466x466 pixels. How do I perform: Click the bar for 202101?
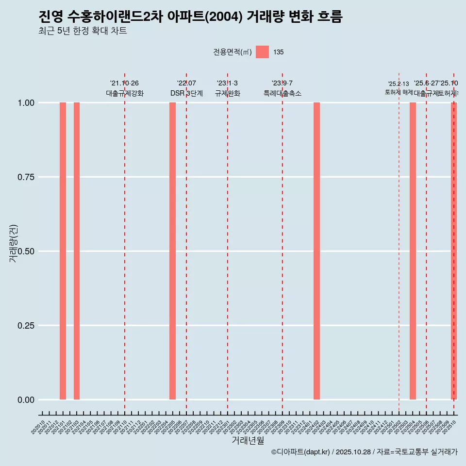(x=63, y=251)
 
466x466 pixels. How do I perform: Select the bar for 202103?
(x=77, y=251)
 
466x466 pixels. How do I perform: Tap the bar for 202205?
(x=172, y=251)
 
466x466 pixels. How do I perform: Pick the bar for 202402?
(x=316, y=251)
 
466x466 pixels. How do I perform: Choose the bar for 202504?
(x=413, y=251)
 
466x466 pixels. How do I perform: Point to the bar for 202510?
(x=454, y=251)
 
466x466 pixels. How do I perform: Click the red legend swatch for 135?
(x=262, y=52)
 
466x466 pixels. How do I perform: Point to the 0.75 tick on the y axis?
(x=26, y=177)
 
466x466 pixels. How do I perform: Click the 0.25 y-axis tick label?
(x=26, y=326)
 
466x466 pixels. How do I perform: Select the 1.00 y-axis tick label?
(x=26, y=103)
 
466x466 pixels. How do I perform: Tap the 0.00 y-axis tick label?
(x=26, y=400)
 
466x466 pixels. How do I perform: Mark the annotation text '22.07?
(x=186, y=83)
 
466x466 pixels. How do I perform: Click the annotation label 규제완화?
(x=228, y=93)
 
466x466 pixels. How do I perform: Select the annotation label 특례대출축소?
(x=283, y=93)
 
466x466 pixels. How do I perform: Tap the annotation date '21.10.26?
(x=124, y=83)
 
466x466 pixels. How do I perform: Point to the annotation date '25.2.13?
(x=399, y=84)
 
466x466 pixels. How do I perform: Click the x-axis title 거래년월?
(x=248, y=441)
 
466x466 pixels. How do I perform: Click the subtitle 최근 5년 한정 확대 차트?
(x=83, y=31)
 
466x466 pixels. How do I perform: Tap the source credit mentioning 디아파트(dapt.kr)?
(x=364, y=452)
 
